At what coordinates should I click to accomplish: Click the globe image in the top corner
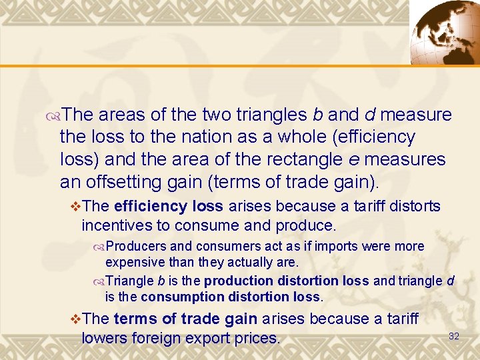click(x=442, y=31)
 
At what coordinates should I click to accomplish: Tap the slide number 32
click(x=454, y=336)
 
